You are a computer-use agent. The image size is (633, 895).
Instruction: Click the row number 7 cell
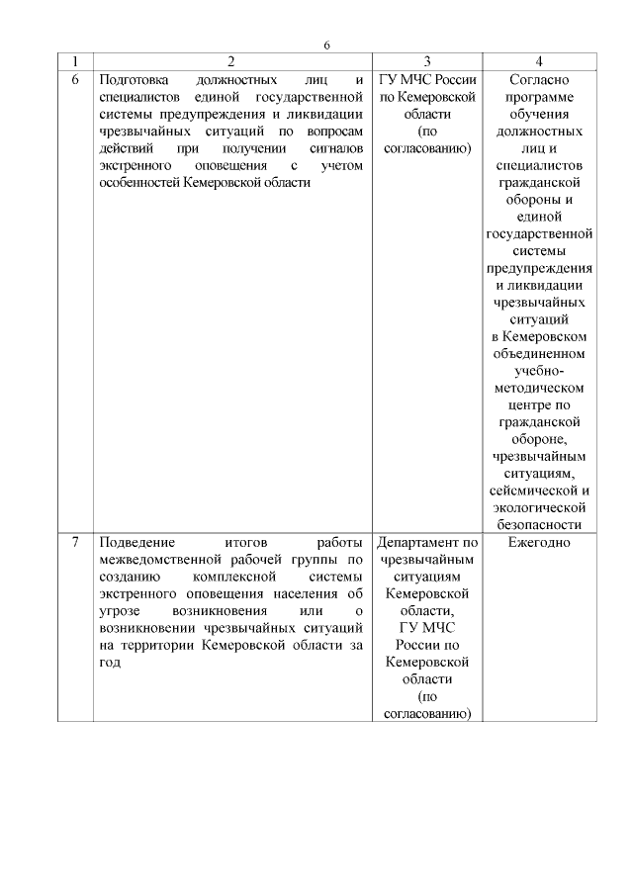76,543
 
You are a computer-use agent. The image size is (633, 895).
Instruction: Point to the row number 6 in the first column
76,79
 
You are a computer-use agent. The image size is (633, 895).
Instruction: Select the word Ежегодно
539,543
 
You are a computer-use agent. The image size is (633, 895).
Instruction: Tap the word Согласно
539,79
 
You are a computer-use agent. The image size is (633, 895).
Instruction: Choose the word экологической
539,508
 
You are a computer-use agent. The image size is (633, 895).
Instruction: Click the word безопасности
539,525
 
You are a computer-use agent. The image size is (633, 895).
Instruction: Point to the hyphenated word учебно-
539,371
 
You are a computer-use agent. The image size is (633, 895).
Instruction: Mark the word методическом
539,388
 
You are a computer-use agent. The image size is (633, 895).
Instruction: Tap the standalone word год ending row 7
111,663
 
